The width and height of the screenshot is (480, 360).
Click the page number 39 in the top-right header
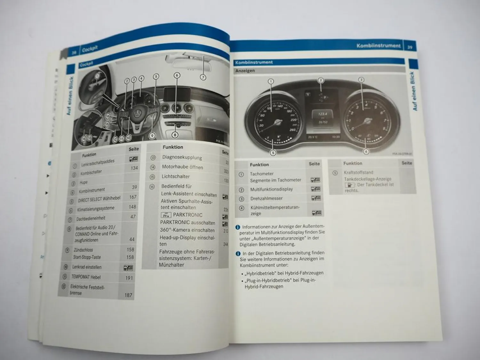point(410,47)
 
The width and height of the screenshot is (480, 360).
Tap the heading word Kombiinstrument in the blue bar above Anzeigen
point(254,62)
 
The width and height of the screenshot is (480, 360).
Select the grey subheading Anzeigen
point(245,71)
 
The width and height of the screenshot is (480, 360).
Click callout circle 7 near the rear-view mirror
point(203,77)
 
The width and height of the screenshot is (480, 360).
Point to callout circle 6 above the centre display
point(177,76)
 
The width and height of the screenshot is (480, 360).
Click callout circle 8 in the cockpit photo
point(175,135)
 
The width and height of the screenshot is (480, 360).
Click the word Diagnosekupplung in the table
point(182,157)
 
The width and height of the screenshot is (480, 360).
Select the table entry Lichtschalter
point(175,176)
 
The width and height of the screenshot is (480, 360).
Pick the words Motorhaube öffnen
point(182,167)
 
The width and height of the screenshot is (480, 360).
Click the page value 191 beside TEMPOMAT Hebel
point(129,278)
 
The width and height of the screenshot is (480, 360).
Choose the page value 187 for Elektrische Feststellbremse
point(128,295)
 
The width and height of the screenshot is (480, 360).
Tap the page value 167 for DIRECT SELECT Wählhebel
point(133,197)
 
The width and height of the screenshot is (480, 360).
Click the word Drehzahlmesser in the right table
point(266,198)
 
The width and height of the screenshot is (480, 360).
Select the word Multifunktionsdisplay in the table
point(271,189)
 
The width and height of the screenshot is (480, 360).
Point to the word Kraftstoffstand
point(358,172)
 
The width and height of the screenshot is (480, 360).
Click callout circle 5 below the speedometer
point(273,153)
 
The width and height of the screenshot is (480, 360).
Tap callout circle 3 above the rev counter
point(361,80)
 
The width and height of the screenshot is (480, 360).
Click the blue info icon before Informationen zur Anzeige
point(238,227)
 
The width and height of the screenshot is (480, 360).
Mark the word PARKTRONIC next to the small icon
point(188,215)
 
